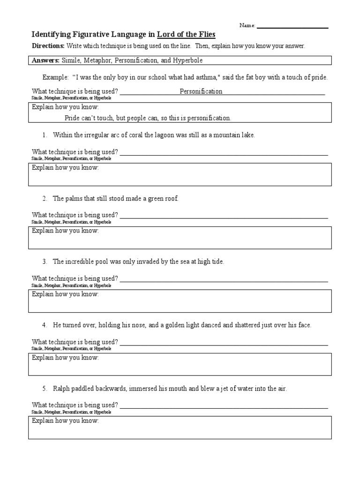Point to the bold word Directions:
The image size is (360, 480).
point(48,46)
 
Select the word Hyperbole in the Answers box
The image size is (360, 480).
point(188,60)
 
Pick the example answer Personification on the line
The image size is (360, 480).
point(201,91)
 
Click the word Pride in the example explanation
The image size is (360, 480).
point(73,118)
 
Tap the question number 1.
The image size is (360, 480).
point(44,135)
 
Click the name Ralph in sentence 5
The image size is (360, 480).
point(61,389)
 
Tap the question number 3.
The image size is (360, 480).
point(44,262)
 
